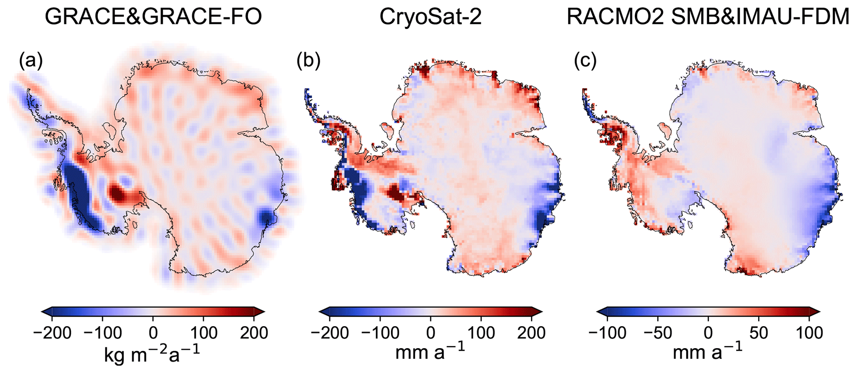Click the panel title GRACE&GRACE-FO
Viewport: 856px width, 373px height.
[153, 17]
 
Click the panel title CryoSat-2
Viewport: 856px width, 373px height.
[430, 17]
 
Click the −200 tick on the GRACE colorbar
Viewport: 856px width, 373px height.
[52, 332]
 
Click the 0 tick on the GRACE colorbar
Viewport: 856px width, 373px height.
[153, 332]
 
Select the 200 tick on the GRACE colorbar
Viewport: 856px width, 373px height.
[254, 332]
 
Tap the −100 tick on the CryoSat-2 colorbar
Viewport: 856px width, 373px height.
[380, 332]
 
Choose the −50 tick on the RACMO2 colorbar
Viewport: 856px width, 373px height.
[658, 332]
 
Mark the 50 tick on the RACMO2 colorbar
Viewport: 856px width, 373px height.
[759, 332]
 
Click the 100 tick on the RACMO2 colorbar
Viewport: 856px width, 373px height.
[809, 332]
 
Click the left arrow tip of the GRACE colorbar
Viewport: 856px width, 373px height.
[43, 312]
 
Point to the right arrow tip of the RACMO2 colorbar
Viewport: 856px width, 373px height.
[819, 312]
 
